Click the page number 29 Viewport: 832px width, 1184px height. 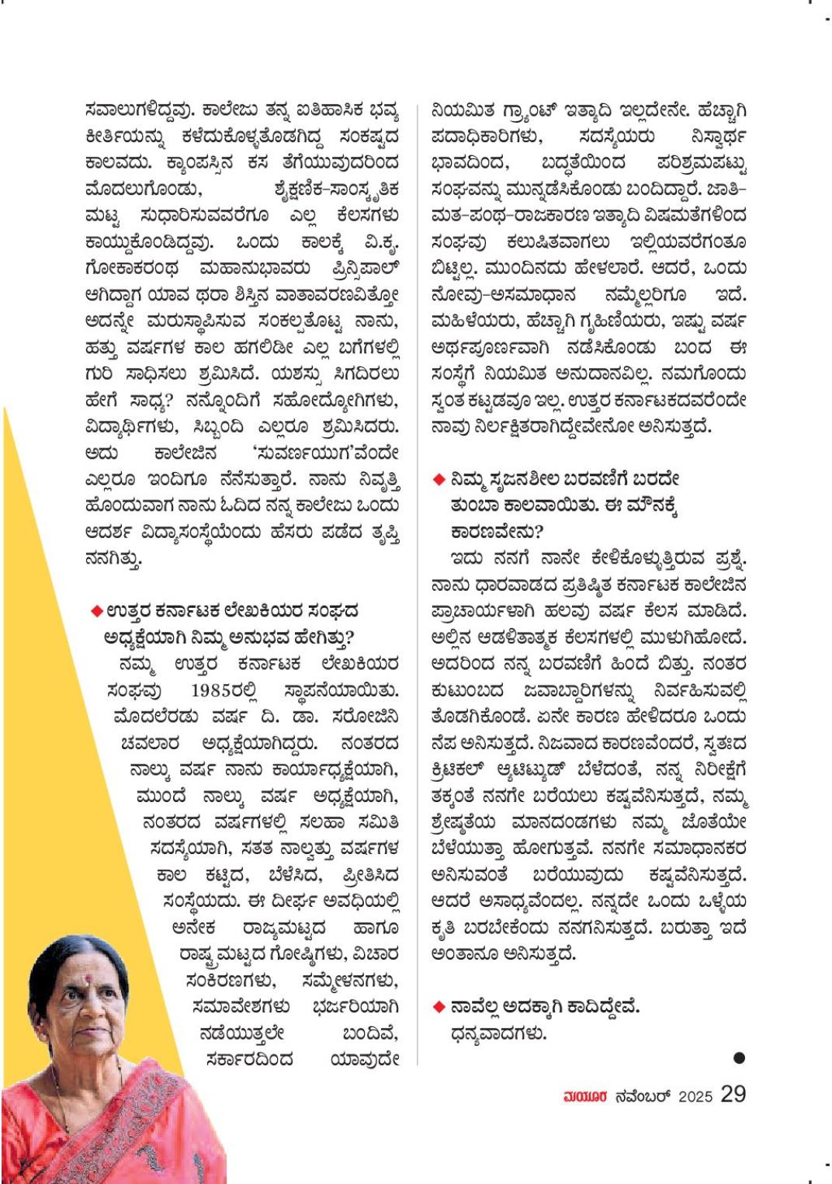pyautogui.click(x=733, y=1094)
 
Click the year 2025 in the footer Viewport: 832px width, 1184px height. pyautogui.click(x=695, y=1096)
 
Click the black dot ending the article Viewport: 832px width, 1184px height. pyautogui.click(x=738, y=1057)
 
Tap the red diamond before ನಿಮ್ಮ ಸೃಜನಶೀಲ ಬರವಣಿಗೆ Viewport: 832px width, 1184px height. pyautogui.click(x=439, y=480)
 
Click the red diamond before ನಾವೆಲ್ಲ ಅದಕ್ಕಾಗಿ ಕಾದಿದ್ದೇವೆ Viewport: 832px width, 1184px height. pyautogui.click(x=439, y=1007)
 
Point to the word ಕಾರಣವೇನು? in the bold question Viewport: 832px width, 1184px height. pyautogui.click(x=497, y=532)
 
